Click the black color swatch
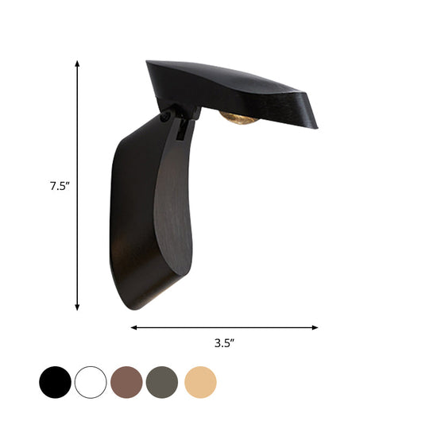click(x=55, y=382)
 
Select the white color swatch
click(x=91, y=382)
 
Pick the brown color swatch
click(x=127, y=382)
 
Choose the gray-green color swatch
click(x=163, y=382)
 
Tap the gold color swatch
click(x=200, y=382)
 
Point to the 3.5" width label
click(x=225, y=343)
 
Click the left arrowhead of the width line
click(x=134, y=327)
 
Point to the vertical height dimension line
click(x=77, y=238)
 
